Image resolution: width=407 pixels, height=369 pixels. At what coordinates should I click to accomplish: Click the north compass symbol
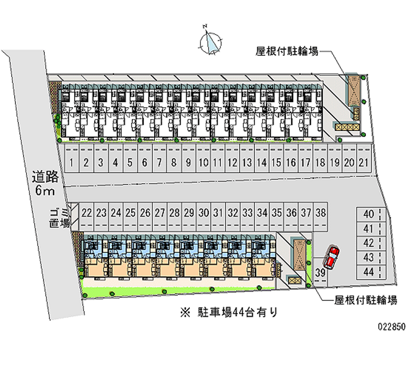pos(211,41)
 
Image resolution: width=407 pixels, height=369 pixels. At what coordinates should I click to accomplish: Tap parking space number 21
pos(363,163)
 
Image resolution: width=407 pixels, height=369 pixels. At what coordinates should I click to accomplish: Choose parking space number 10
pos(203,163)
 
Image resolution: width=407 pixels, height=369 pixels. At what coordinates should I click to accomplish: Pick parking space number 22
pos(86,213)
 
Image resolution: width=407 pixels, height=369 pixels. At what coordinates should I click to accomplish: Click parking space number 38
pos(321,213)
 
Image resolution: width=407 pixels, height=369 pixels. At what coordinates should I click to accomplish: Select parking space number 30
pos(203,213)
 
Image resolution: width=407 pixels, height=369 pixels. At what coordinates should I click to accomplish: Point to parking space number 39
pos(321,273)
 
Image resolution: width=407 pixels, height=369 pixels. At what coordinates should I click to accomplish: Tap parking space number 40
pos(369,214)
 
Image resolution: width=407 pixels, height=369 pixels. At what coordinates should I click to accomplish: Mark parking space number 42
pos(369,243)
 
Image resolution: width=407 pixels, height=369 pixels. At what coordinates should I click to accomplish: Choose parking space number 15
pos(276,163)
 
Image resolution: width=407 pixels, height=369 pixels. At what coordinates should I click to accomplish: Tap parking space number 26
pos(145,213)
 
